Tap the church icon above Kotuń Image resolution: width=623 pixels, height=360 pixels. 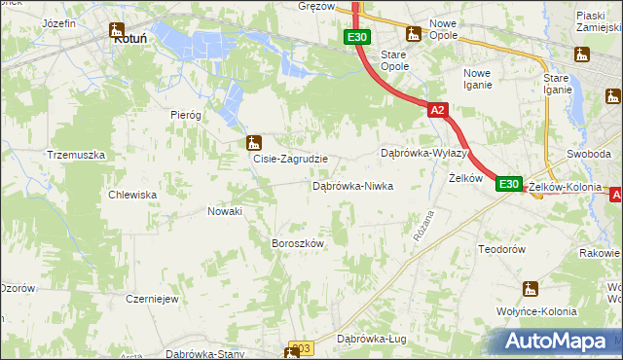pos(118,29)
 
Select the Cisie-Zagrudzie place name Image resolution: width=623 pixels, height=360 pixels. pos(290,159)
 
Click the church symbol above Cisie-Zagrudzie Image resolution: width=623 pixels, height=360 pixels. pos(253,142)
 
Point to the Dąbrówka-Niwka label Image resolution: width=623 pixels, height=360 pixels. pos(351,185)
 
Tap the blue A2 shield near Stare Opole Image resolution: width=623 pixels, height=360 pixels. pos(437,111)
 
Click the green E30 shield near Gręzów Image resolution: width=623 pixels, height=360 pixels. pos(356,37)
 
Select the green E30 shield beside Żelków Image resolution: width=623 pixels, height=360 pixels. pos(509,183)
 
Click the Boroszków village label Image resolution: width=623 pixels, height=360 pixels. pos(296,243)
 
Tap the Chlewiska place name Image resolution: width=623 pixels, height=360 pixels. pos(134,195)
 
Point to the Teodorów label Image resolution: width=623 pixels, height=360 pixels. pos(502,249)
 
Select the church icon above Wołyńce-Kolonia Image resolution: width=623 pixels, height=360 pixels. pos(530,288)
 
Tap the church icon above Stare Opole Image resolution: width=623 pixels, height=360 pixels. pos(413,34)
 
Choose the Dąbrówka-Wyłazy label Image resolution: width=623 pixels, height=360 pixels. pos(425,154)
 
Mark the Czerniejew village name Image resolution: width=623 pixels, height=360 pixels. pos(151,299)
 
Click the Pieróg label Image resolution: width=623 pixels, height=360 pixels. pos(185,114)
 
